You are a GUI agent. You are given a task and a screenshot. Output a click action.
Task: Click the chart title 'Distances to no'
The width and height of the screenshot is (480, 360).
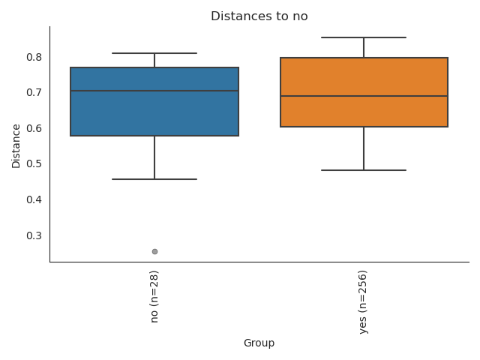[259, 16]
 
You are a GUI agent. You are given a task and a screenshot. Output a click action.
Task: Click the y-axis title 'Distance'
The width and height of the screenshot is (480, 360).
[16, 145]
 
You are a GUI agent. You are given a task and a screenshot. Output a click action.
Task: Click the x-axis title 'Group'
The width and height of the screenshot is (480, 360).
[259, 343]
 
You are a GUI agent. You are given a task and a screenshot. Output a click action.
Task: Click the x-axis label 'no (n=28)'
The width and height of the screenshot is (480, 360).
[154, 296]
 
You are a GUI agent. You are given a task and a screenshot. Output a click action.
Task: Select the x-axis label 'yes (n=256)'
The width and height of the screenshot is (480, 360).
[364, 301]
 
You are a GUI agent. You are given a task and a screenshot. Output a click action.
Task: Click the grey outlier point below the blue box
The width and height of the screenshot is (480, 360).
[154, 251]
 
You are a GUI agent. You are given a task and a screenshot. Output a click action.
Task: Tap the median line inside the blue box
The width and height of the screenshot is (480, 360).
[154, 91]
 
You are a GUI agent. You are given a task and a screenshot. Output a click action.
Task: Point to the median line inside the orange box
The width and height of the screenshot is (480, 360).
[364, 96]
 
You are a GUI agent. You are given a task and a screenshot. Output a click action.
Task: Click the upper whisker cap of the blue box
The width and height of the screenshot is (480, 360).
[154, 53]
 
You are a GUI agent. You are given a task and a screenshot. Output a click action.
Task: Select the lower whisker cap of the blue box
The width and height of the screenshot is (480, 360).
[154, 179]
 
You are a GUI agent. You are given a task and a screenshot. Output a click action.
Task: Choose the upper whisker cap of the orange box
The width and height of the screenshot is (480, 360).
[364, 37]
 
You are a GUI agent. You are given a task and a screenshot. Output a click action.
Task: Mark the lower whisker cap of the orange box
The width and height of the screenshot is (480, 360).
[364, 170]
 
